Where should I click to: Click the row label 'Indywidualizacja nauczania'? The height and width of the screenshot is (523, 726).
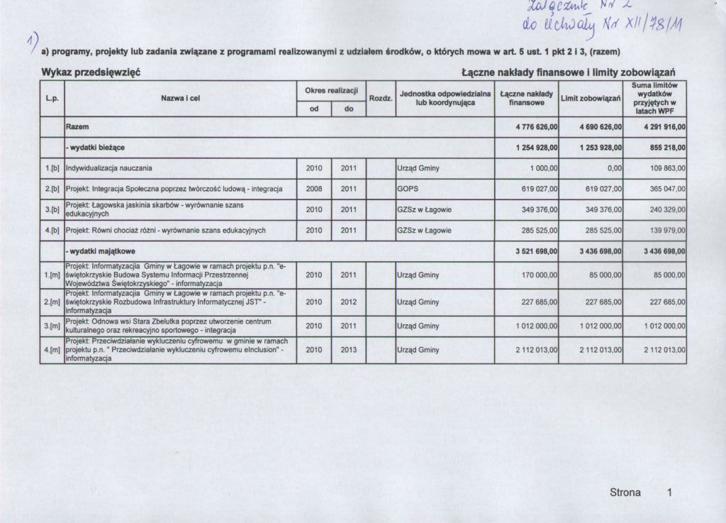(x=108, y=168)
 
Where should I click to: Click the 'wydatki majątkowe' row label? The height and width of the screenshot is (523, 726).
(x=101, y=251)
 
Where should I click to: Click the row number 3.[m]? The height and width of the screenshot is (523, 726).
(x=52, y=326)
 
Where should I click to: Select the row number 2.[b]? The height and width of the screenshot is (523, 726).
(x=52, y=189)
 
